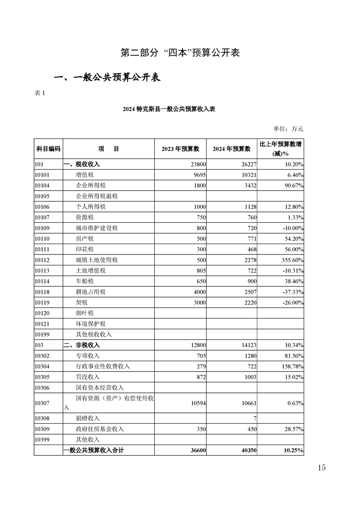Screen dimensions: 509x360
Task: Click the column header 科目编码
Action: pyautogui.click(x=48, y=149)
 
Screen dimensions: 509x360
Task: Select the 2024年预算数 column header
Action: pyautogui.click(x=232, y=149)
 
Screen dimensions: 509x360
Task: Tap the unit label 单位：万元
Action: pyautogui.click(x=288, y=129)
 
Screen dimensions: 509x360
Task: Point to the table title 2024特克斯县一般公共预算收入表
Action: pyautogui.click(x=168, y=109)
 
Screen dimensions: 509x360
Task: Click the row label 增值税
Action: pyautogui.click(x=84, y=174)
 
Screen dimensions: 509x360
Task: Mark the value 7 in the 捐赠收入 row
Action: pyautogui.click(x=255, y=418)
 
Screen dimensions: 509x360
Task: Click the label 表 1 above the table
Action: pyautogui.click(x=40, y=93)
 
